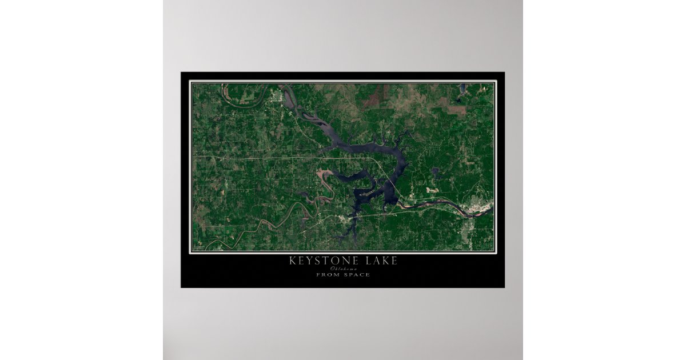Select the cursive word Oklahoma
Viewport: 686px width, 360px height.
343,269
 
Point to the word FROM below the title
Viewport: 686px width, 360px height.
327,275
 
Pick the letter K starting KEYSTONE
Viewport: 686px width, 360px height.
293,261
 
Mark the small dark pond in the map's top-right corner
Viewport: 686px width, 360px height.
462,88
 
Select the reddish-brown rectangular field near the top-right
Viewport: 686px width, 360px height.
457,110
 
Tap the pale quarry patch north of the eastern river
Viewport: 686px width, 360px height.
430,186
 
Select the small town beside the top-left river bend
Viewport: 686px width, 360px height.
280,96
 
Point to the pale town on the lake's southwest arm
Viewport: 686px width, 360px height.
344,219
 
